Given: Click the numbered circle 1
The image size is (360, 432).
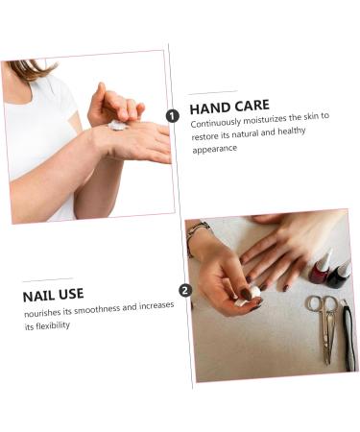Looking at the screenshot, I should tap(173, 115).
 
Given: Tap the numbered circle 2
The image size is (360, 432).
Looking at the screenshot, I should tap(185, 290).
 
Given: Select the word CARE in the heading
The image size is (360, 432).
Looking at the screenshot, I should tap(251, 106).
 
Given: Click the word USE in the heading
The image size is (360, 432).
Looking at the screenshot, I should tap(72, 294).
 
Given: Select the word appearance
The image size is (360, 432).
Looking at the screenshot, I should tap(214, 149).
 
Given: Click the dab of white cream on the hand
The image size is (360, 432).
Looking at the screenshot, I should tap(117, 125).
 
